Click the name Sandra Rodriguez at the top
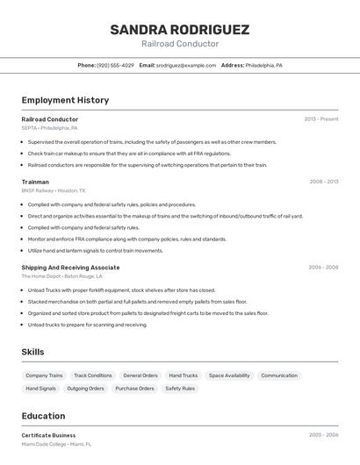click(x=179, y=30)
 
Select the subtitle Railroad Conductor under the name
click(x=179, y=44)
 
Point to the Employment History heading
click(x=65, y=100)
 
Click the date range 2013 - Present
click(x=320, y=118)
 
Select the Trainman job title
click(x=35, y=182)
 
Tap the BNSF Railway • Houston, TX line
click(x=54, y=190)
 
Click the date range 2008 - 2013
click(x=323, y=182)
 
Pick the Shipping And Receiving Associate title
click(x=70, y=267)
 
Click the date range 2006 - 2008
click(x=323, y=267)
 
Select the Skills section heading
click(x=33, y=352)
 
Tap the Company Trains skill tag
click(x=44, y=376)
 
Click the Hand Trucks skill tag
click(x=184, y=376)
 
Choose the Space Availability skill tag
click(x=229, y=376)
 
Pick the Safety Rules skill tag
click(x=180, y=388)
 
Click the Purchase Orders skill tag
click(x=134, y=388)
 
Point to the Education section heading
click(x=43, y=416)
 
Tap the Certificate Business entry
click(x=48, y=435)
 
